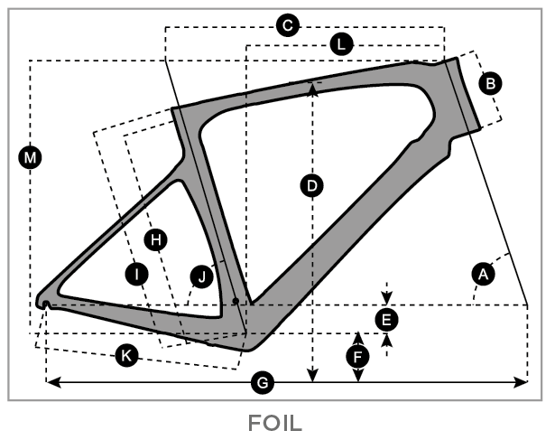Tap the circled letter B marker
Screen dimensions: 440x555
tap(491, 83)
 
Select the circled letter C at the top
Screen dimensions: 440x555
tap(287, 26)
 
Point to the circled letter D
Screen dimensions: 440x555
tap(312, 186)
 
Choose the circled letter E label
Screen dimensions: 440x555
tap(386, 318)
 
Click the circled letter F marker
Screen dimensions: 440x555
tap(358, 356)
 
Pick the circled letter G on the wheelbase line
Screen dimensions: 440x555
tap(263, 383)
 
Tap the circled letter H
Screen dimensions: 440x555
tap(156, 239)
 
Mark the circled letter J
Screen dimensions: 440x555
tap(202, 276)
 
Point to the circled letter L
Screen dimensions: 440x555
tap(341, 43)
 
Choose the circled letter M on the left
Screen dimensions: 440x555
tap(31, 158)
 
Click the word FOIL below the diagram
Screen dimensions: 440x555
tap(277, 422)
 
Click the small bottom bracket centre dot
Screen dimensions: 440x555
tap(235, 299)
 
